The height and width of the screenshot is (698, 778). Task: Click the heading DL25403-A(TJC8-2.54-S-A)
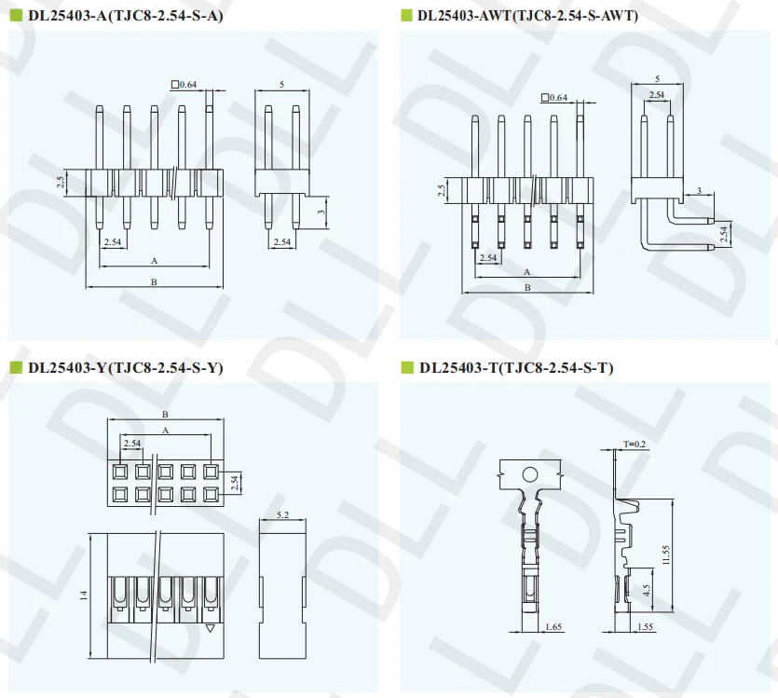pyautogui.click(x=125, y=16)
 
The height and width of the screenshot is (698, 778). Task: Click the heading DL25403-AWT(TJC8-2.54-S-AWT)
pyautogui.click(x=527, y=16)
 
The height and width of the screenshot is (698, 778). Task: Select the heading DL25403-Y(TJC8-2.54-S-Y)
pyautogui.click(x=125, y=368)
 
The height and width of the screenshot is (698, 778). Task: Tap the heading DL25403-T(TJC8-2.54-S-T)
pyautogui.click(x=516, y=368)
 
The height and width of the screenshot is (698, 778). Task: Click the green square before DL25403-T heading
pyautogui.click(x=407, y=368)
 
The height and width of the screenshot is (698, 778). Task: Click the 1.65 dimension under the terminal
pyautogui.click(x=553, y=627)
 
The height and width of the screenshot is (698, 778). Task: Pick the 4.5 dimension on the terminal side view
pyautogui.click(x=647, y=591)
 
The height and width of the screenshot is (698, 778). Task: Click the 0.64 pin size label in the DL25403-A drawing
pyautogui.click(x=188, y=85)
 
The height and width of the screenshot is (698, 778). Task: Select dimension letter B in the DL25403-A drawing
pyautogui.click(x=153, y=281)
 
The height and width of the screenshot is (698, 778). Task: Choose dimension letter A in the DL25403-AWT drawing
pyautogui.click(x=526, y=272)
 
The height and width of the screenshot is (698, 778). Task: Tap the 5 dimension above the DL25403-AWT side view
pyautogui.click(x=658, y=79)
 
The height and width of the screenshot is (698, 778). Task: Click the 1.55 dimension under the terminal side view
pyautogui.click(x=644, y=627)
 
